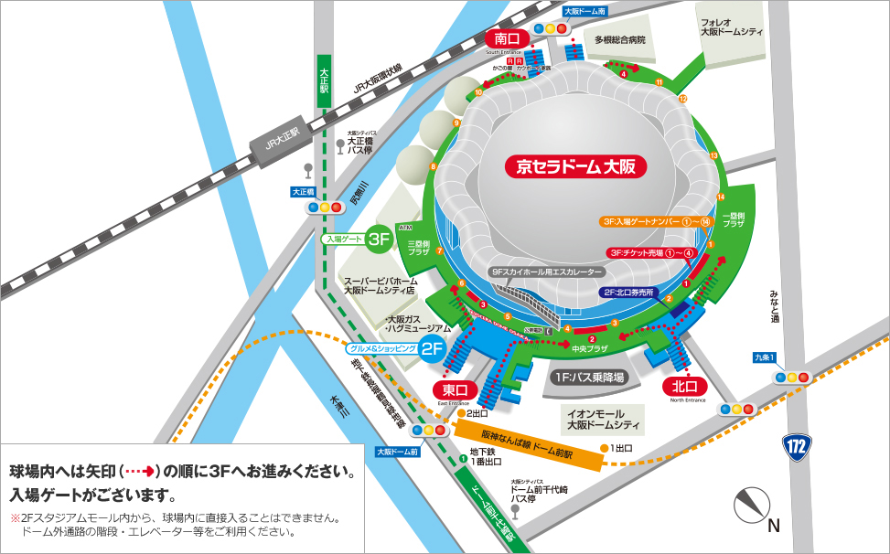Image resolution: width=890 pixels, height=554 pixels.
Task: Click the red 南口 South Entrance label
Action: (507, 39)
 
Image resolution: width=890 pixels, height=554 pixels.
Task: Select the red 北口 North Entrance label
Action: (683, 385)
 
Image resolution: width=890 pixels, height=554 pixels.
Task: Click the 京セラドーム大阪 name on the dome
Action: (575, 166)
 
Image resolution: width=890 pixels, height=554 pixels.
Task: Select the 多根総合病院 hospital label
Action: (620, 40)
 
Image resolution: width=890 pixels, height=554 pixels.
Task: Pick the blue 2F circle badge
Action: (432, 348)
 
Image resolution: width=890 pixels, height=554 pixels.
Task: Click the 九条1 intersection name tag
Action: (765, 357)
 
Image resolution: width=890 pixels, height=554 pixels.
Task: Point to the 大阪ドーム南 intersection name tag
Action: (584, 12)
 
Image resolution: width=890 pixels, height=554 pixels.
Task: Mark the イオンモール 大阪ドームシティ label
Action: (601, 420)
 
